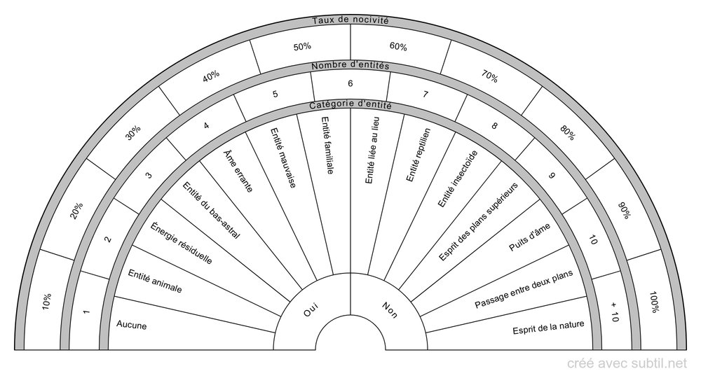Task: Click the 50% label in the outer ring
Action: pos(302,46)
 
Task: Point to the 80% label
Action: pos(567,132)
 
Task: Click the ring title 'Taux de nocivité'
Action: pos(350,20)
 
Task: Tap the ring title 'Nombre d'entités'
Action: pos(350,66)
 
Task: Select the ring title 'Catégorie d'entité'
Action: pos(350,106)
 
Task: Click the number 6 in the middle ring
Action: pos(350,83)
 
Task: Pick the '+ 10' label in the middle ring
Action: pos(614,311)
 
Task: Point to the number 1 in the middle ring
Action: pos(87,311)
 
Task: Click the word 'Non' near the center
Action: pos(389,309)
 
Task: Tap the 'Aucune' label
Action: pos(132,324)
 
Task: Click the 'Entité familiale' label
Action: pos(327,145)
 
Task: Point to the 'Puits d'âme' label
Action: pos(530,237)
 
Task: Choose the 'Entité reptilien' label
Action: pos(418,155)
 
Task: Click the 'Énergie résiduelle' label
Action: pos(182,243)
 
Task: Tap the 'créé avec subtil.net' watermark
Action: pos(626,363)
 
